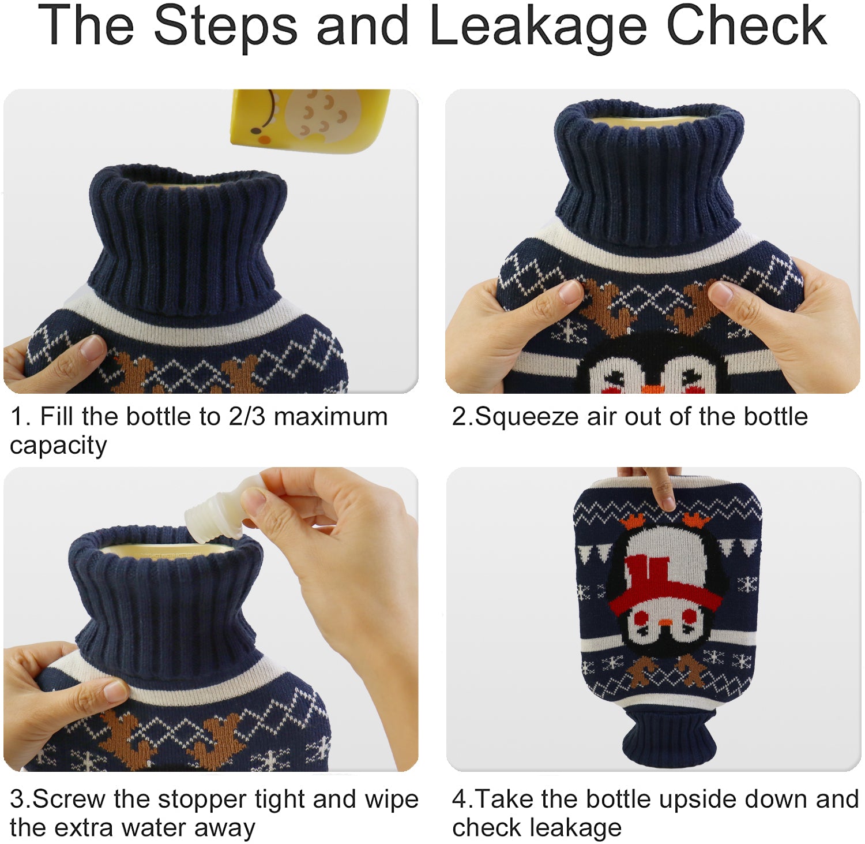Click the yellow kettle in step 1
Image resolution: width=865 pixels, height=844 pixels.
pos(310,121)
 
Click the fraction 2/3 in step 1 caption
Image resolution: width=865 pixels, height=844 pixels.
pos(246,417)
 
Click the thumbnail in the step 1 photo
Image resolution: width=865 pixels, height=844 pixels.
pos(92,348)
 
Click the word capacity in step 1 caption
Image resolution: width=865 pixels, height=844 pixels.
pos(58,446)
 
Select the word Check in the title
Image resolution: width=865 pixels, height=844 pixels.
pos(746,26)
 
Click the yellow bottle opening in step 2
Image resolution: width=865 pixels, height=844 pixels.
pos(649,121)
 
